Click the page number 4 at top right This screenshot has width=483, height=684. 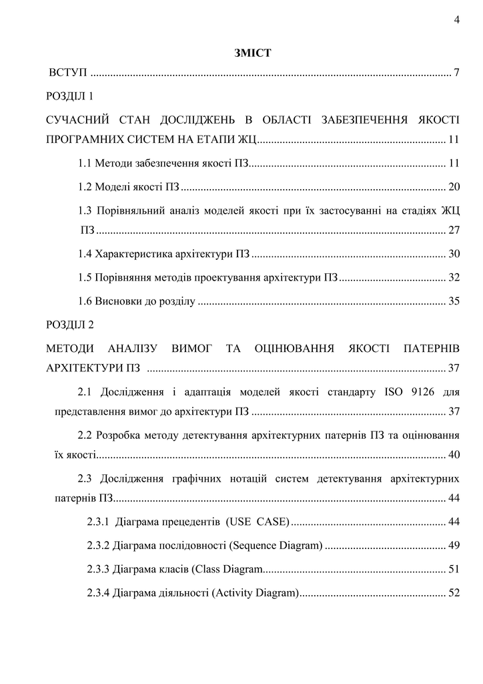[x=457, y=20]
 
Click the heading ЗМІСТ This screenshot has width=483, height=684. [x=253, y=53]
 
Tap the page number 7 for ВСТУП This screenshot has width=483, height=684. [x=457, y=72]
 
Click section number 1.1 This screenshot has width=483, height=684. [x=85, y=162]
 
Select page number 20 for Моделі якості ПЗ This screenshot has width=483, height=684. [x=454, y=186]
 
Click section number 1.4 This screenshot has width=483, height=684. [x=85, y=254]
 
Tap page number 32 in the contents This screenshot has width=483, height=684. [x=454, y=277]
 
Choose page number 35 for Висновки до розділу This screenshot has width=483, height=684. [x=454, y=301]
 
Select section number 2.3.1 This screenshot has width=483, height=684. [x=98, y=522]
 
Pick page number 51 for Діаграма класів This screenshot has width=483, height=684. [x=454, y=570]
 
